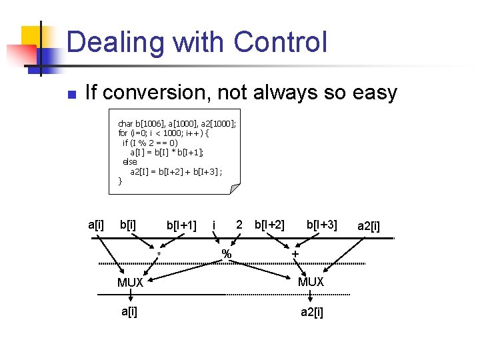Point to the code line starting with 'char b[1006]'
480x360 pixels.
pos(176,123)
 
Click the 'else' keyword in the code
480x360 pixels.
pos(130,162)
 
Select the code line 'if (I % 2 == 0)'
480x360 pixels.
pos(150,143)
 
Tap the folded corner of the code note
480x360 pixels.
pos(234,189)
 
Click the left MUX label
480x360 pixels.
pos(130,283)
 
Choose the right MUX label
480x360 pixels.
pos(311,282)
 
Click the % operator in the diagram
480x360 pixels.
pos(227,254)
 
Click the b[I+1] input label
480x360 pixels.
pos(181,225)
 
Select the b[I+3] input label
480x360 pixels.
pos(321,225)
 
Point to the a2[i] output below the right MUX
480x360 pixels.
pos(311,312)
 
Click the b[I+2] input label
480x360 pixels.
pos(269,225)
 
